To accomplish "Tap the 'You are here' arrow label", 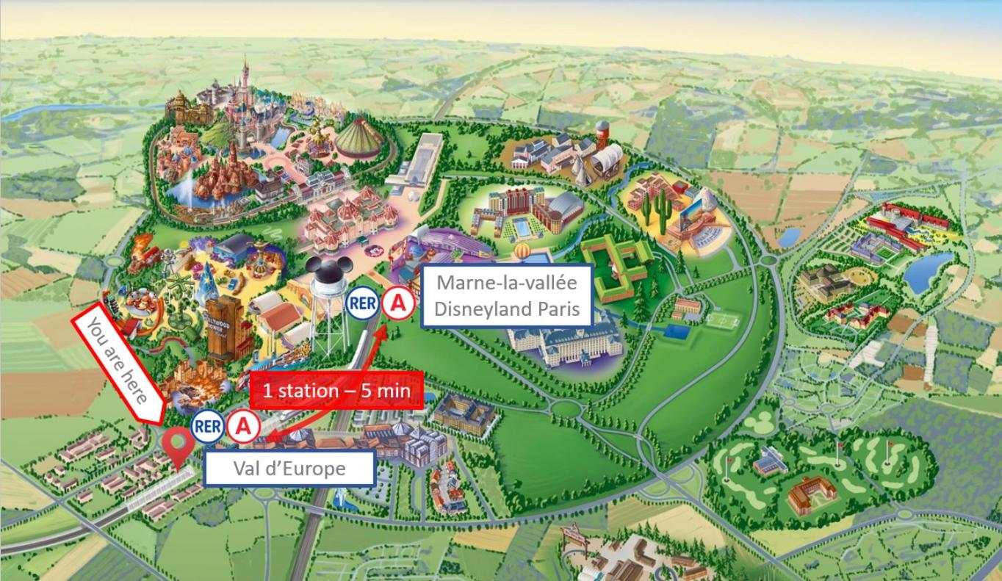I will coord(118,364).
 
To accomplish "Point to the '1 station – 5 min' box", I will coord(336,389).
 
